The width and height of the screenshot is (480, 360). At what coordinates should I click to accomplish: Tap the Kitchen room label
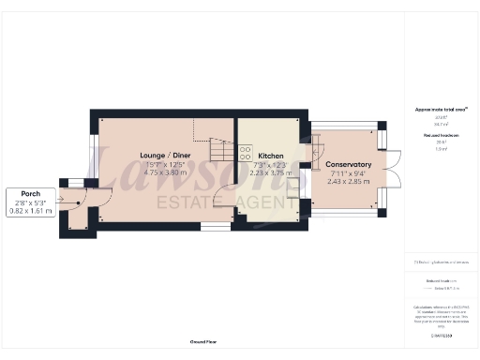271,156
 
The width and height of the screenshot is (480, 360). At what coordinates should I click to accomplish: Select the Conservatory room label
350,165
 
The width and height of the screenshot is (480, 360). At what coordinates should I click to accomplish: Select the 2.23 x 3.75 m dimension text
271,173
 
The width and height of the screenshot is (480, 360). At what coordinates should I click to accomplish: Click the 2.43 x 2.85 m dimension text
350,182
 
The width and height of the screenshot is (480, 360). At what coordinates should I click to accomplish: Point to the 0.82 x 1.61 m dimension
33,210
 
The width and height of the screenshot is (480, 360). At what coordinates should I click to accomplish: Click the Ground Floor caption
203,342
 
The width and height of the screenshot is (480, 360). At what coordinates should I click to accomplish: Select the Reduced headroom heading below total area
440,136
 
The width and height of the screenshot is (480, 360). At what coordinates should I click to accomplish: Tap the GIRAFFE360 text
440,334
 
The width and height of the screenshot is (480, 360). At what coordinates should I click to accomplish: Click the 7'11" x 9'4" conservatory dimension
350,173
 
